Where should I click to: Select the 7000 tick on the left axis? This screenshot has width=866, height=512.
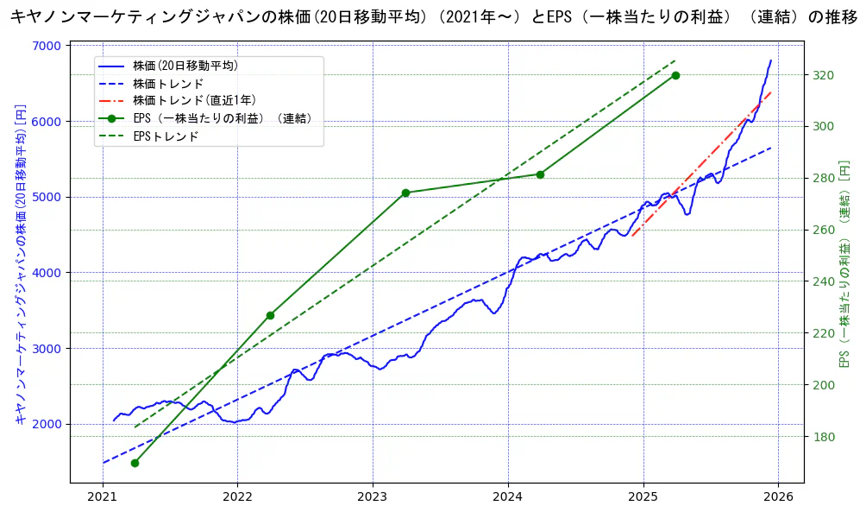[48, 46]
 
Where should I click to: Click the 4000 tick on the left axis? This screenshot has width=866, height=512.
[48, 273]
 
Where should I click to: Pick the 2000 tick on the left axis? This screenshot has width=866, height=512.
[48, 424]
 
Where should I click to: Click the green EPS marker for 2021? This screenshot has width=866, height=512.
[135, 463]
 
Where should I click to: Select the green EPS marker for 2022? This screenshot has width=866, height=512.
[270, 315]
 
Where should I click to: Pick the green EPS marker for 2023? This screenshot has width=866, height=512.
[405, 193]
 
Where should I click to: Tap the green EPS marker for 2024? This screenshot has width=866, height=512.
[540, 174]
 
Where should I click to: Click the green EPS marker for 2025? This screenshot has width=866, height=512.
[675, 75]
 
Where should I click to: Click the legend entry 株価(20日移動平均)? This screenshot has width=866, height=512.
[185, 66]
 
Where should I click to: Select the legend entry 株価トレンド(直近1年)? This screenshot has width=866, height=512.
[194, 101]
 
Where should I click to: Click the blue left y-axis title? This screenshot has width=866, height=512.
[21, 264]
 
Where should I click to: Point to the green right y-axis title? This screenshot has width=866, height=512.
[845, 264]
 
